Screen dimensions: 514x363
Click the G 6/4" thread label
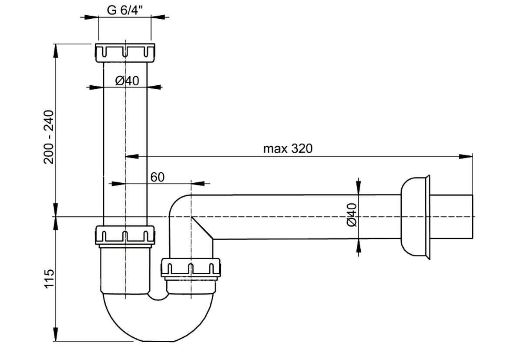point(125,10)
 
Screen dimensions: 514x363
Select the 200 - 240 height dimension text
point(48,137)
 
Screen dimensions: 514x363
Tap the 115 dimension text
point(49,279)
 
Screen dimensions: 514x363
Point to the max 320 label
point(288,148)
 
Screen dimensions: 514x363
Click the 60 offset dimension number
point(158,177)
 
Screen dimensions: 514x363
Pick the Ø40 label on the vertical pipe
point(127,81)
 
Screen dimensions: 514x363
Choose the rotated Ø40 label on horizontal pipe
point(351,215)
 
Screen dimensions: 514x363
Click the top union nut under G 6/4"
point(125,53)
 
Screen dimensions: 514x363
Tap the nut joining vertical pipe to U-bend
point(125,235)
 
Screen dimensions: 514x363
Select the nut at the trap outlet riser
point(191,269)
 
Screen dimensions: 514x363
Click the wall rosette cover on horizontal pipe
point(415,217)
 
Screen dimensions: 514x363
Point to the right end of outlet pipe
point(472,217)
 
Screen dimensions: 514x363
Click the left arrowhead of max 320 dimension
point(132,157)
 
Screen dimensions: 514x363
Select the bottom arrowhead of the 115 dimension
point(56,334)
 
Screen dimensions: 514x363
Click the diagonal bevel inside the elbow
point(202,228)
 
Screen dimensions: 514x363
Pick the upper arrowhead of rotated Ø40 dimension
point(359,187)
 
